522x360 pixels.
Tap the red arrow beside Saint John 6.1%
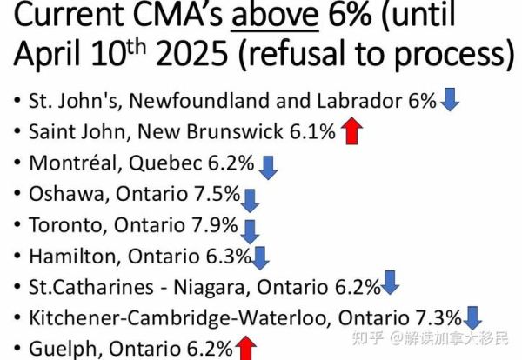click(351, 133)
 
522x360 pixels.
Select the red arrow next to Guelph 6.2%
click(247, 350)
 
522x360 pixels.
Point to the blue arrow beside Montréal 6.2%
click(268, 165)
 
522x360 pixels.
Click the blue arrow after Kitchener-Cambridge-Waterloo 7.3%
click(473, 317)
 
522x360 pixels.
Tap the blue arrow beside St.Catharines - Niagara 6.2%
click(390, 283)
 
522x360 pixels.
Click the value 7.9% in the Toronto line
click(215, 224)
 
